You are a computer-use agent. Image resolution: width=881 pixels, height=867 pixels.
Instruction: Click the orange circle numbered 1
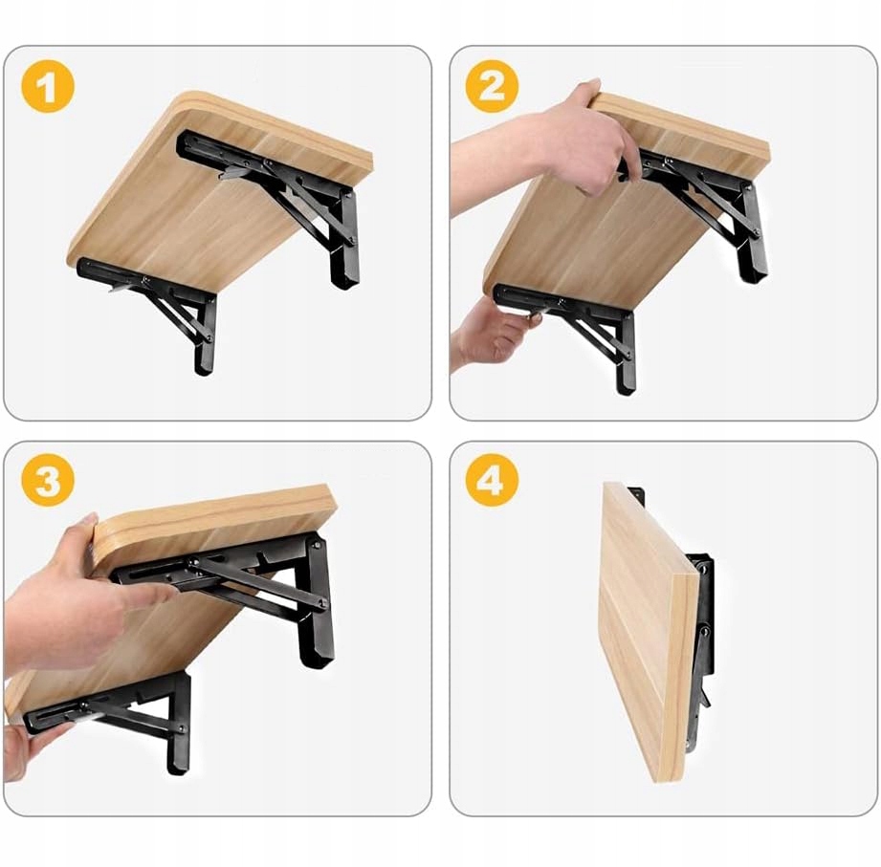tap(48, 86)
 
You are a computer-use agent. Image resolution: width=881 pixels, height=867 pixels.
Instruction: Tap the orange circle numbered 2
tap(493, 86)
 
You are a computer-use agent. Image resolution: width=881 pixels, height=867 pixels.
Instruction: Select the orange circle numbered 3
tap(48, 480)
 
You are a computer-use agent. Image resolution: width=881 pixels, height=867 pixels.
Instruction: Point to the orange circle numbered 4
tap(493, 480)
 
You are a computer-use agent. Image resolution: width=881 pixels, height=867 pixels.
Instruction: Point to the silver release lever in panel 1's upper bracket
tap(233, 171)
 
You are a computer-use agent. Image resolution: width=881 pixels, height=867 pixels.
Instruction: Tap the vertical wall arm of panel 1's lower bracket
tap(205, 336)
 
